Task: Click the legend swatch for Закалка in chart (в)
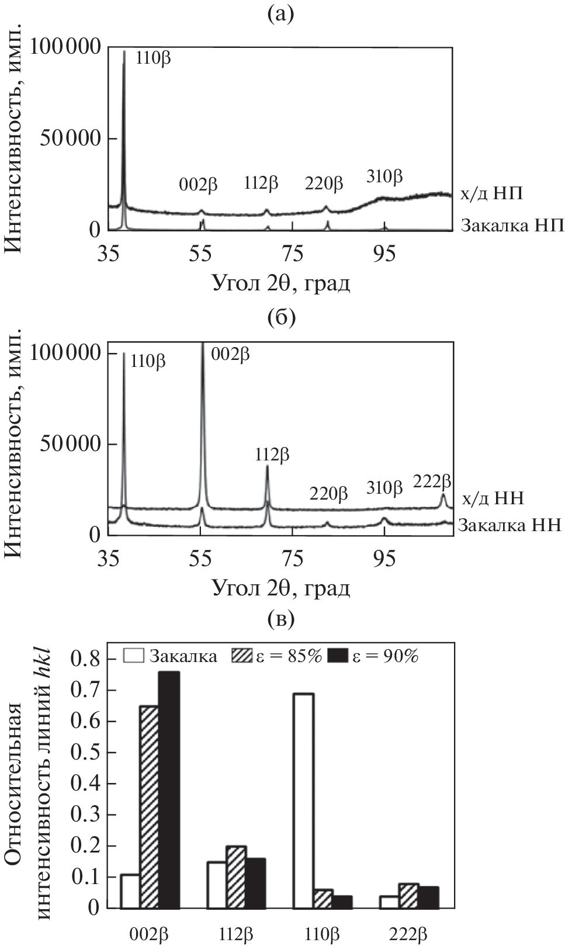tap(133, 656)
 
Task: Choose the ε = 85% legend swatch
tap(242, 656)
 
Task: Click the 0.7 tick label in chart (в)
tap(85, 691)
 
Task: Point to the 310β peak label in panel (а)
tap(384, 176)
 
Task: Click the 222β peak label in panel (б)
tap(432, 481)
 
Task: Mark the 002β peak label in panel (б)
tap(230, 354)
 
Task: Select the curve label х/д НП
tap(491, 193)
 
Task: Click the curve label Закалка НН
tap(510, 525)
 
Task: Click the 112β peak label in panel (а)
tap(261, 183)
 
